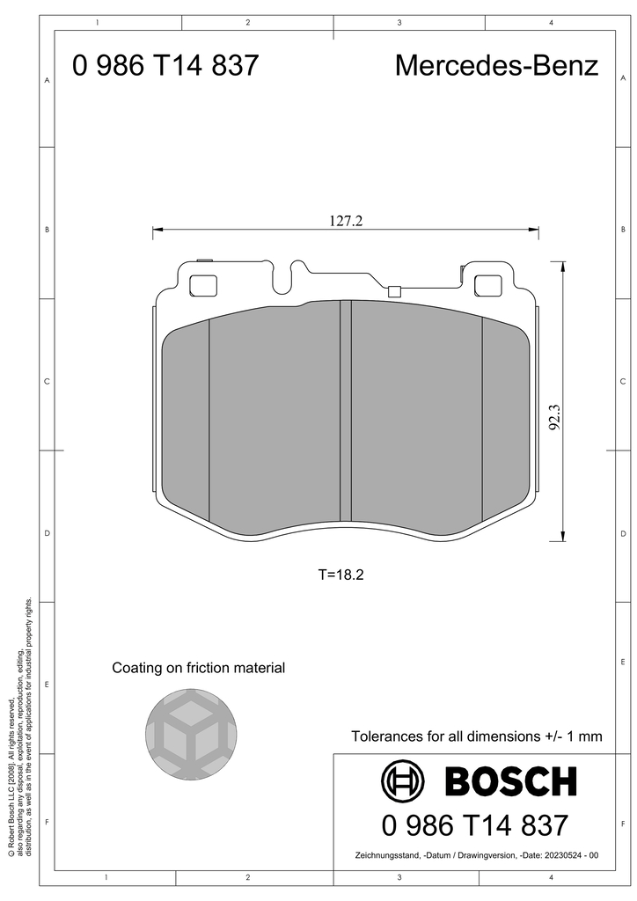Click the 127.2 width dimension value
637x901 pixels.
[346, 221]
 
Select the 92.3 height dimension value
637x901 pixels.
[554, 416]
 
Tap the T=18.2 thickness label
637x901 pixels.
[341, 574]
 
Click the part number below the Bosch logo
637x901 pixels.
[475, 825]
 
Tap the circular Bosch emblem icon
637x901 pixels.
[403, 781]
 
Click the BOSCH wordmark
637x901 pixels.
[510, 781]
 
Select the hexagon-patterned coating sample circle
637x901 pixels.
[191, 734]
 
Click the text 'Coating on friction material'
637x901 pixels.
[199, 668]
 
